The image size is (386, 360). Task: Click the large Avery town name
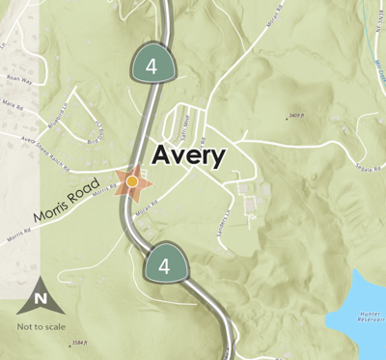click(x=188, y=155)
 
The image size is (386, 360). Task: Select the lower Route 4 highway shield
click(x=164, y=265)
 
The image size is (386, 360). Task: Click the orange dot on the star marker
click(x=132, y=180)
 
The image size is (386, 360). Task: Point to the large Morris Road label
click(x=66, y=199)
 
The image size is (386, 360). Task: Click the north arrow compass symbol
click(x=40, y=297)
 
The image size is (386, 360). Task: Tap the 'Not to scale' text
click(x=41, y=325)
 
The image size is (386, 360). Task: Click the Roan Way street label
click(x=18, y=81)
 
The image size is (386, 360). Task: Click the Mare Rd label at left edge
click(x=12, y=102)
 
